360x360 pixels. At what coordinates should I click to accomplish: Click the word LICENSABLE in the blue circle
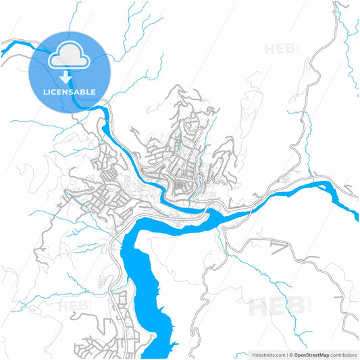70,91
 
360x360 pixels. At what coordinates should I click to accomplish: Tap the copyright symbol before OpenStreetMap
291,354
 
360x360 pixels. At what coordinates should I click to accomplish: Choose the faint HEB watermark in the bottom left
74,307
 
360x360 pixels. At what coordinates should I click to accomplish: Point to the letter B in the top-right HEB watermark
291,49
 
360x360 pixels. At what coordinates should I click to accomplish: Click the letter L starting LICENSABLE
45,91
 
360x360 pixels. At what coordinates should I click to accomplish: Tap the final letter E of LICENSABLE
93,91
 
